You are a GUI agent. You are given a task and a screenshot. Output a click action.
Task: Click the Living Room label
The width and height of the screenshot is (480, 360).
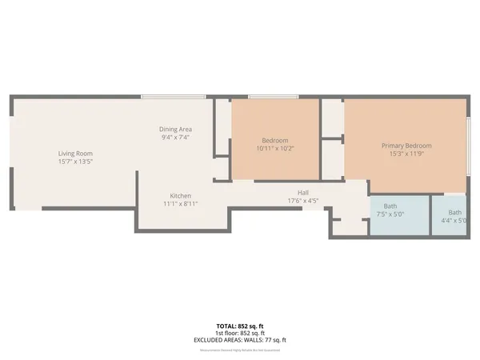coord(75,153)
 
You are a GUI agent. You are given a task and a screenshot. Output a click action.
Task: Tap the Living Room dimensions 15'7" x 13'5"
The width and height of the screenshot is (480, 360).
coord(75,161)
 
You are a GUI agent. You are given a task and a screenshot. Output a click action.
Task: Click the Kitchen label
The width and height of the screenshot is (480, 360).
coord(179,196)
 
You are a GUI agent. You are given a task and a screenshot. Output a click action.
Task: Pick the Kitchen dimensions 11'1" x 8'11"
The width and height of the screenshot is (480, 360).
coord(179,204)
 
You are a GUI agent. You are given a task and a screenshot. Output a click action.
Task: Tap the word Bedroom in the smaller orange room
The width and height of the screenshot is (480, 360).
coord(274,140)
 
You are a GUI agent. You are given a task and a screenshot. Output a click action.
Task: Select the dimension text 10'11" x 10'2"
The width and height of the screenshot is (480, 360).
coord(274,148)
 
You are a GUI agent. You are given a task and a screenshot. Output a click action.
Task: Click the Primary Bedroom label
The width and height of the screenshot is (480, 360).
coord(406,146)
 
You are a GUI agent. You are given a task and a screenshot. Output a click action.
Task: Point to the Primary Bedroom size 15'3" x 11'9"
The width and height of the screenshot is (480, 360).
coord(406,154)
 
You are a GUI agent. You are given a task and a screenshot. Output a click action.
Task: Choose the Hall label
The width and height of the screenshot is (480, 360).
coord(303,192)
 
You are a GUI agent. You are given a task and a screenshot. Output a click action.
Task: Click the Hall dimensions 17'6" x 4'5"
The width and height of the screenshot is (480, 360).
coord(303,200)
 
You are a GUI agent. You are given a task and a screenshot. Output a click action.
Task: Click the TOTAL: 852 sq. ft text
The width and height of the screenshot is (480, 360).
coord(240,326)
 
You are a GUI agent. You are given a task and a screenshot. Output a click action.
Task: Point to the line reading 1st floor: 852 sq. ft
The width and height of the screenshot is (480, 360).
coord(240,334)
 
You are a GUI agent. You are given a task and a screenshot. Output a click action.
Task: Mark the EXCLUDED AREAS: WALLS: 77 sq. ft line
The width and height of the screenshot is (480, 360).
coord(240,340)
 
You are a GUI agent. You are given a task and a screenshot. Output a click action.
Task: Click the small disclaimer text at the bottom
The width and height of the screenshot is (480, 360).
coord(240,348)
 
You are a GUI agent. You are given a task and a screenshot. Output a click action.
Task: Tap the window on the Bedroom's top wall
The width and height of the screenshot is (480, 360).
coord(274,98)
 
